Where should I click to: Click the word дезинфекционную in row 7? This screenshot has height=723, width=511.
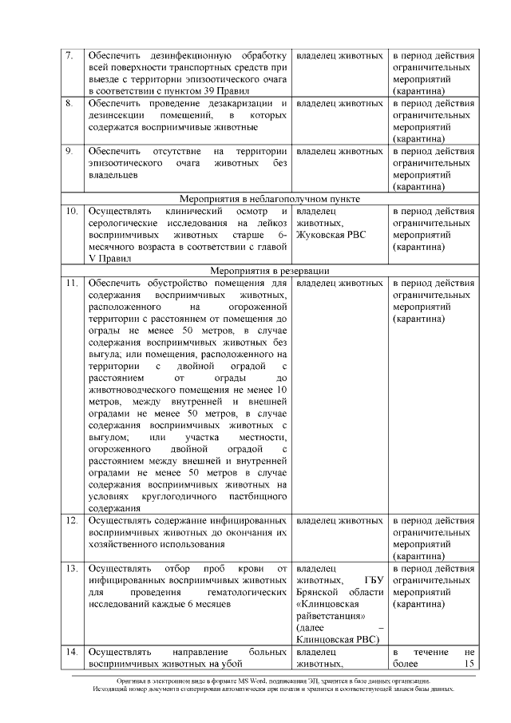(188, 56)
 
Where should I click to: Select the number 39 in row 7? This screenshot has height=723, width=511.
(208, 92)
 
